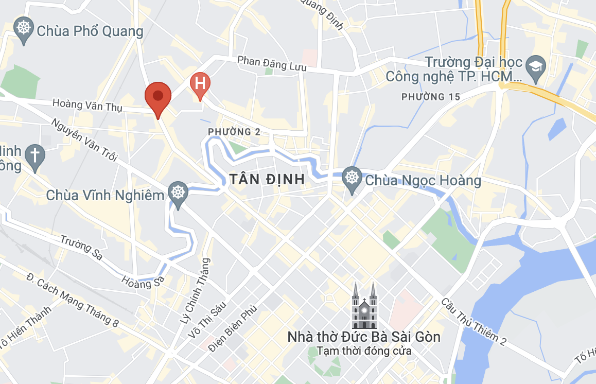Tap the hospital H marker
tap(200, 84)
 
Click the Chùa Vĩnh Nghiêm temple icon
tap(178, 194)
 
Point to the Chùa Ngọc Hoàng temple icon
tap(352, 179)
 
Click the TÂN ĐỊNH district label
tap(267, 180)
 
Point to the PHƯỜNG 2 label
tap(234, 132)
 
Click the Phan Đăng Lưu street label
tap(272, 64)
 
